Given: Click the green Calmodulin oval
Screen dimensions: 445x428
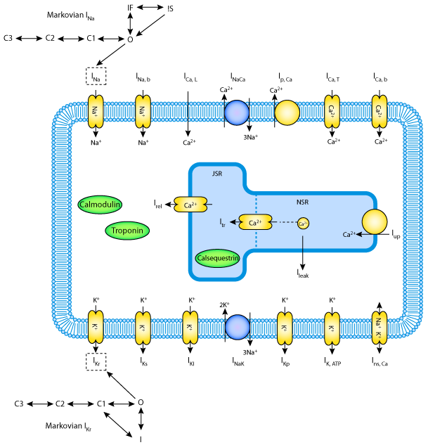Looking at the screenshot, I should [101, 205].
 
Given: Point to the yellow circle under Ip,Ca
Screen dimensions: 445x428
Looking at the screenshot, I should [286, 112].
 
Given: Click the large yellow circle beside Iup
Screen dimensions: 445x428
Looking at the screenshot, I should [375, 222].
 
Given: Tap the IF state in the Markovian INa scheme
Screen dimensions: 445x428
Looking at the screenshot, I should [130, 7].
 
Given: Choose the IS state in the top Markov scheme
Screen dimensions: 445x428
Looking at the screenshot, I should [171, 8].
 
